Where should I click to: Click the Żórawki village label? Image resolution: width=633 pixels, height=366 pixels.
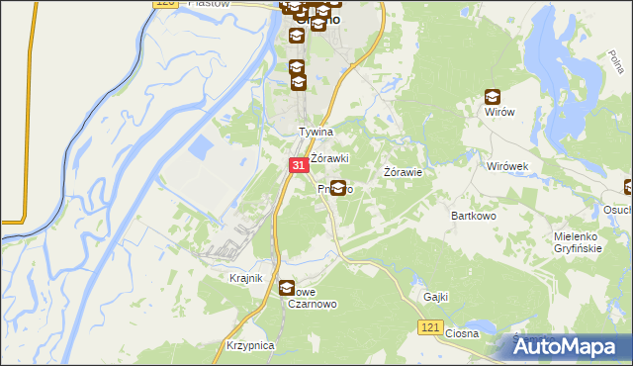click(330, 158)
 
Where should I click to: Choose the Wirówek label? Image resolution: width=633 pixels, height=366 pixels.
click(509, 166)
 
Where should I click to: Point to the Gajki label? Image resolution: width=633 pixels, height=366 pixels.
click(436, 297)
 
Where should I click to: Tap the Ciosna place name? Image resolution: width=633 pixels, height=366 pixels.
click(462, 333)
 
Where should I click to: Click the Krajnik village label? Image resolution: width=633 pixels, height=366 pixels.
click(245, 278)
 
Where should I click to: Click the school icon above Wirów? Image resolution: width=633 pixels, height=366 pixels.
click(493, 97)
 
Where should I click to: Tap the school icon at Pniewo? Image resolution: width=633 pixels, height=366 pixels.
click(338, 188)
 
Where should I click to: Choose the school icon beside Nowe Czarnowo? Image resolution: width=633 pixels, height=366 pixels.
click(287, 289)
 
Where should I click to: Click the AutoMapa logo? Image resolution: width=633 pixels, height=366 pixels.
click(570, 347)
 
